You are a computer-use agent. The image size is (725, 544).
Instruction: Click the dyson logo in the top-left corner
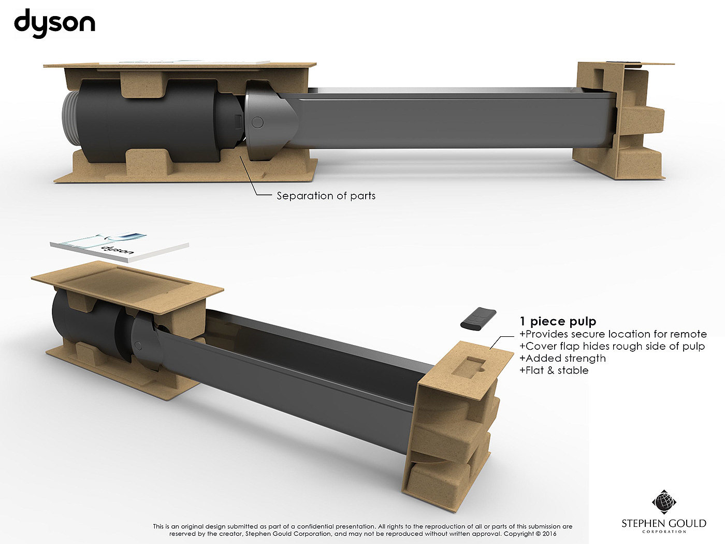(54, 24)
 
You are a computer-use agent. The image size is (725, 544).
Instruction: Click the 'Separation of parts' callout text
(326, 196)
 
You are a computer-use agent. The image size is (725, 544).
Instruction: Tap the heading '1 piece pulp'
(558, 322)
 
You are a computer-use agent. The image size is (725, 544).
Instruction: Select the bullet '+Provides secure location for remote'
(613, 334)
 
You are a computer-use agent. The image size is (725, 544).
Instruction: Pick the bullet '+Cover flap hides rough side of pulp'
(612, 346)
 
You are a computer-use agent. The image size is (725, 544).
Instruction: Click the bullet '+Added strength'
(562, 358)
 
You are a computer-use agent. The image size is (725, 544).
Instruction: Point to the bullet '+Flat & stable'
(554, 370)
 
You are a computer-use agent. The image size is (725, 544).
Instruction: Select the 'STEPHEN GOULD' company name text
(664, 523)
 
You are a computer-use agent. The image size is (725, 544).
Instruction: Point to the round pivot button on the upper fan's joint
(257, 123)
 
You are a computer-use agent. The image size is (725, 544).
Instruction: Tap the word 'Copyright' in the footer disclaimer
(519, 534)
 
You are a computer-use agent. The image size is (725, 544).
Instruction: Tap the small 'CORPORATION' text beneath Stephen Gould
(664, 532)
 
